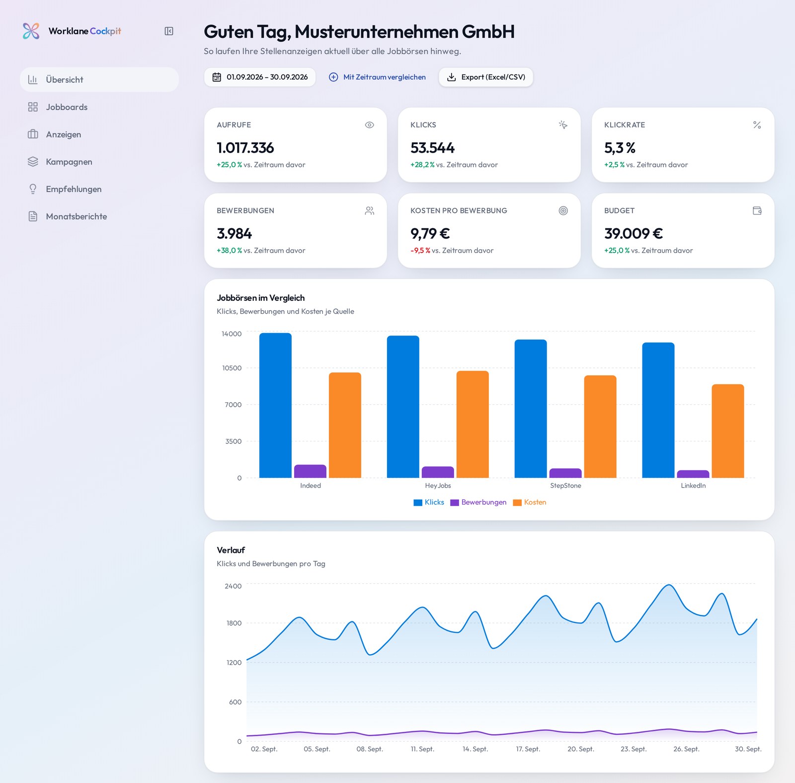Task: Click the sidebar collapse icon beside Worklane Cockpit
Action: pos(169,31)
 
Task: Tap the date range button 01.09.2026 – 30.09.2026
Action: pos(260,77)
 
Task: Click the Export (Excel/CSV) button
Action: pos(486,77)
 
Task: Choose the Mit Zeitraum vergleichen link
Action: pos(378,77)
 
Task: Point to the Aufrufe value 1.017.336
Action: pos(245,148)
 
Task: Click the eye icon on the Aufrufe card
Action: pos(370,125)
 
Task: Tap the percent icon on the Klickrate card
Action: pos(757,125)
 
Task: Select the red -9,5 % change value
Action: pos(420,251)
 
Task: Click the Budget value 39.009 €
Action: pos(634,233)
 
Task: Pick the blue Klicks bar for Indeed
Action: pos(275,405)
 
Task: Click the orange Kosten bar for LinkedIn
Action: pos(728,431)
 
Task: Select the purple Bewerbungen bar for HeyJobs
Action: pos(438,472)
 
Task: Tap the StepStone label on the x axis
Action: pos(565,486)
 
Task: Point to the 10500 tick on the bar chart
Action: pos(232,368)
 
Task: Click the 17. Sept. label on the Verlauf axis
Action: pos(528,749)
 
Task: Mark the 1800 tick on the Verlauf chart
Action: pos(234,623)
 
